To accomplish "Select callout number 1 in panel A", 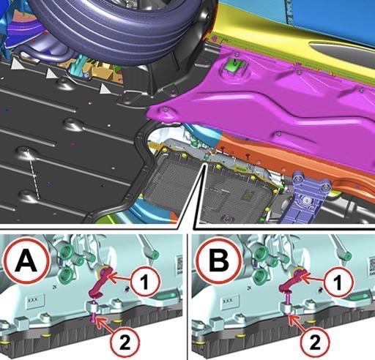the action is point(146,282).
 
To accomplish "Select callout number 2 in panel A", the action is point(125,342).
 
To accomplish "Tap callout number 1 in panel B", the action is point(338,282).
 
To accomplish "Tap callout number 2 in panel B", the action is point(314,342).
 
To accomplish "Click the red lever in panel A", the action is point(100,282).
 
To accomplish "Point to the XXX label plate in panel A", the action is point(35,301).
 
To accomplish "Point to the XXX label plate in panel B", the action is point(229,301).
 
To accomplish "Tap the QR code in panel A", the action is point(179,263).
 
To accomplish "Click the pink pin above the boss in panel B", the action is point(288,299).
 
